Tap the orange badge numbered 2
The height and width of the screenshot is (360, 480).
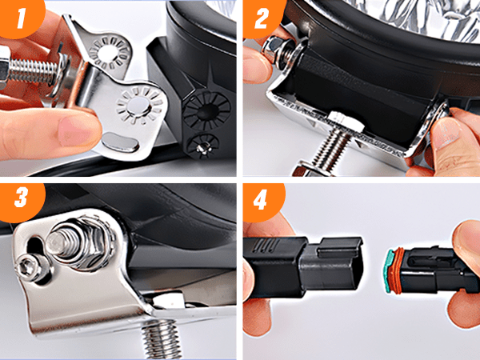click(262, 18)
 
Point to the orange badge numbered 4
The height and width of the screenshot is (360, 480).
click(262, 201)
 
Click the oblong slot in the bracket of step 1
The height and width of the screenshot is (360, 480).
click(120, 142)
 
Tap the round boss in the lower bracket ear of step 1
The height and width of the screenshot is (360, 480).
click(138, 107)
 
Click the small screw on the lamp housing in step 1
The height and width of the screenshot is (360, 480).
click(202, 148)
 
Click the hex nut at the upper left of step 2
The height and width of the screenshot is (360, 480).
click(273, 50)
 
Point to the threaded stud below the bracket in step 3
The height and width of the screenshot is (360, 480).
click(160, 340)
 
